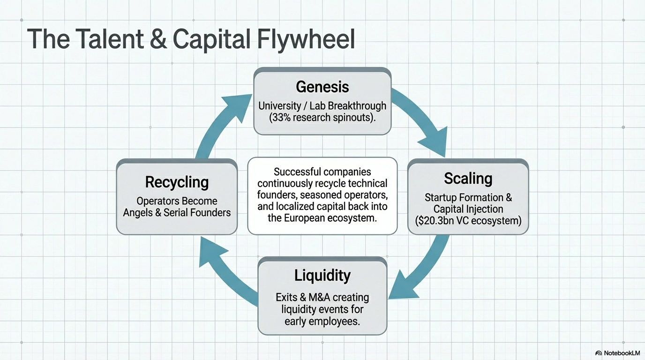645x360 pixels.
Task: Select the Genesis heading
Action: tap(322, 87)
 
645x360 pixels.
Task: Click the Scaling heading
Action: tap(468, 179)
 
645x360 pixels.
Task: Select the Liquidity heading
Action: tap(322, 275)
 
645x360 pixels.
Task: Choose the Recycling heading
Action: tap(177, 182)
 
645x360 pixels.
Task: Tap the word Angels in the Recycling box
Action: tap(139, 213)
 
